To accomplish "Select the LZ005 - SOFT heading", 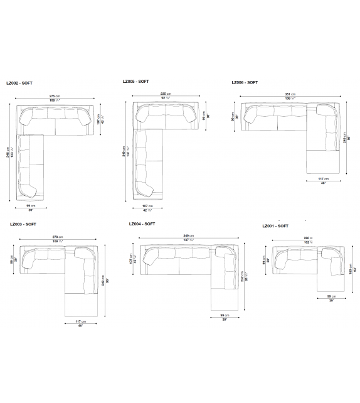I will (x=137, y=81).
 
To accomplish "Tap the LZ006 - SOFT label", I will (x=245, y=82).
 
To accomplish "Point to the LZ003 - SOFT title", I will (x=23, y=224).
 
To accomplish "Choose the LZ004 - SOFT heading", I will (x=142, y=224).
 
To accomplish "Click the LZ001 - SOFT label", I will (x=275, y=226).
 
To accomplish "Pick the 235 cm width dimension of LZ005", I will (x=166, y=93).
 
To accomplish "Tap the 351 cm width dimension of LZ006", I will (x=290, y=94).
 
